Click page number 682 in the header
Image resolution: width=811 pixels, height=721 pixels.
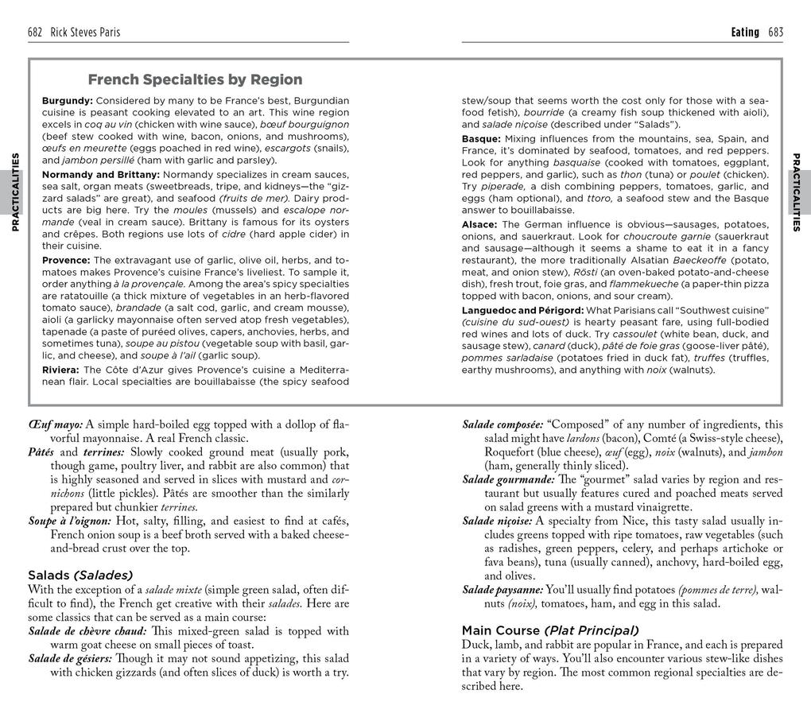[x=35, y=33]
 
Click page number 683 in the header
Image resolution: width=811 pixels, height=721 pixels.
[x=775, y=33]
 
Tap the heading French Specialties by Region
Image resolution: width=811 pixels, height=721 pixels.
[x=195, y=79]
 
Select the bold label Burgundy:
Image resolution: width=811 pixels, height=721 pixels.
[x=68, y=101]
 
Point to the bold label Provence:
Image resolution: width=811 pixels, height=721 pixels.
[x=67, y=260]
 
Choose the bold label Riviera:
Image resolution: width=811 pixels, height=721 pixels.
[x=61, y=370]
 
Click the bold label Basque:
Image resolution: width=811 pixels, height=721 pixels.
[x=481, y=138]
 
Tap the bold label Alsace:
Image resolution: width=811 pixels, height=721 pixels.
[x=480, y=224]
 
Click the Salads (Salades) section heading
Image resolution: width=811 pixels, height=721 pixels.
[x=80, y=575]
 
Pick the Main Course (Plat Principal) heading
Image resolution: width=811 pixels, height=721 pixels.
[x=550, y=630]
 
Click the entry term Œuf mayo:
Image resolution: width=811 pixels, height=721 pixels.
[x=55, y=424]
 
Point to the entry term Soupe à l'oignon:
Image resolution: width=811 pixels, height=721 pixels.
[x=70, y=521]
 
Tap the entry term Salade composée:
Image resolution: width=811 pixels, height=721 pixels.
[x=503, y=424]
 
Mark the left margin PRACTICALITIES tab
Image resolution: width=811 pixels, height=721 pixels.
[x=14, y=192]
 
